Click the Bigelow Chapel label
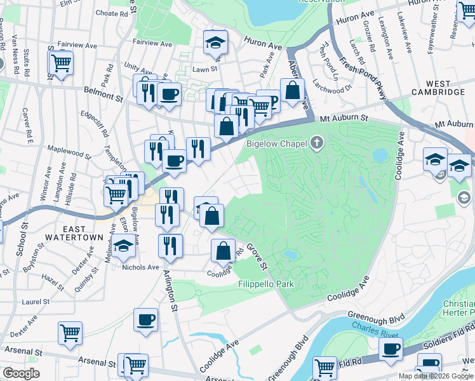(x=278, y=144)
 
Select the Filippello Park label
(x=266, y=284)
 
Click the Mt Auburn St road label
(x=344, y=117)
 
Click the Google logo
(x=22, y=374)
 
